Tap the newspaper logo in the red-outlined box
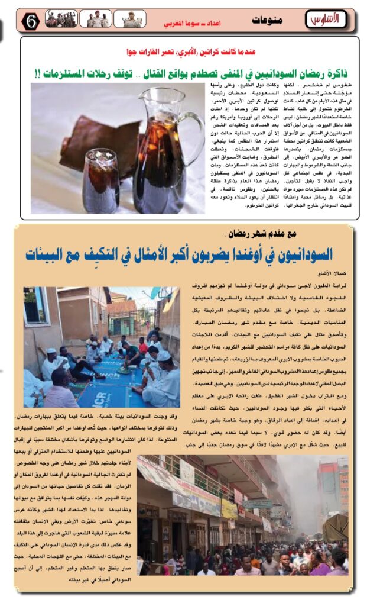[324, 20]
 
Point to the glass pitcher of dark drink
[161, 148]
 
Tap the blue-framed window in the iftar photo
[37, 306]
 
